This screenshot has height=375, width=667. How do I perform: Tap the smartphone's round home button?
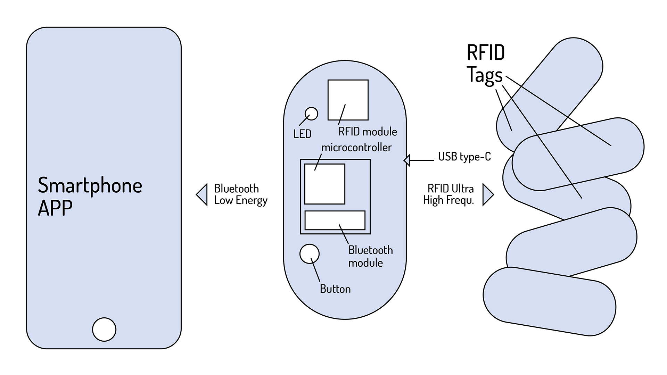104,329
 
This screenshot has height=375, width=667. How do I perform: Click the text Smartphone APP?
90,196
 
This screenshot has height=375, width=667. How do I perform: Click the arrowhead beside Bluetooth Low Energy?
202,194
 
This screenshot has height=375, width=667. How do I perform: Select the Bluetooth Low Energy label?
241,194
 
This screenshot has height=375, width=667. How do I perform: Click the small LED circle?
311,114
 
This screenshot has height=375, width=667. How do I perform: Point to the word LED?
302,134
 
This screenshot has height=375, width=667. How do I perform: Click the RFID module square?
348,100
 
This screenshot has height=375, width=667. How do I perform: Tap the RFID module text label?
368,132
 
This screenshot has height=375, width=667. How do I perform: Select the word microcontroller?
356,147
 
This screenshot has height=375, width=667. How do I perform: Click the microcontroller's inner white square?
325,184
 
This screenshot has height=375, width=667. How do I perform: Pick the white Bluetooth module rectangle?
335,220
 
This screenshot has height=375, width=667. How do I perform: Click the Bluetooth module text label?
371,256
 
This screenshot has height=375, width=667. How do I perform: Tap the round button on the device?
310,254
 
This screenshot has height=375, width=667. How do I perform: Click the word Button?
335,289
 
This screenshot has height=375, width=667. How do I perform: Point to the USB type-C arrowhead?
407,160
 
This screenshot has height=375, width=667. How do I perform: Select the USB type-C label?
464,157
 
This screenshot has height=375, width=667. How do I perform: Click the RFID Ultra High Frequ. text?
448,194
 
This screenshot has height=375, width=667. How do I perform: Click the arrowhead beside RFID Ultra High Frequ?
488,194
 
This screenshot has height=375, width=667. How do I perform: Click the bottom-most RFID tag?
549,301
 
